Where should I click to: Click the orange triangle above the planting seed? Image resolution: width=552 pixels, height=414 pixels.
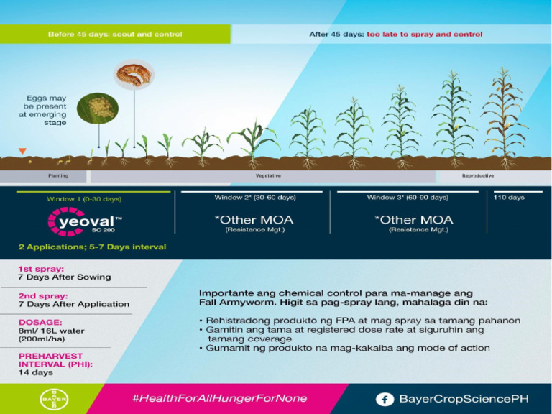23,151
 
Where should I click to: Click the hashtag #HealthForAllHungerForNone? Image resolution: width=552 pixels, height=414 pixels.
219,398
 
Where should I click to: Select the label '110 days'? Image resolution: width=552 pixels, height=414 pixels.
509,198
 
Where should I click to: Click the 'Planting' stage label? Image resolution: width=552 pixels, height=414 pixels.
58,176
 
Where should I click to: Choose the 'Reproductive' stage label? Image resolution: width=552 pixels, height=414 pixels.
478,176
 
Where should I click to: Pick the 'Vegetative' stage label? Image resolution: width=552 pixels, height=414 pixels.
268,176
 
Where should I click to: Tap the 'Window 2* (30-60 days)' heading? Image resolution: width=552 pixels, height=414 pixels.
254,198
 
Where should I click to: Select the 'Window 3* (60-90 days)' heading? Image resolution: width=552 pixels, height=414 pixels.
408,198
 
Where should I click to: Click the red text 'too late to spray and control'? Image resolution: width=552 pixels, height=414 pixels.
424,34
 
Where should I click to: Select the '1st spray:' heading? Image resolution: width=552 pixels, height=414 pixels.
42,269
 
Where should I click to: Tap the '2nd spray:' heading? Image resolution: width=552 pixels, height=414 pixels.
43,295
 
